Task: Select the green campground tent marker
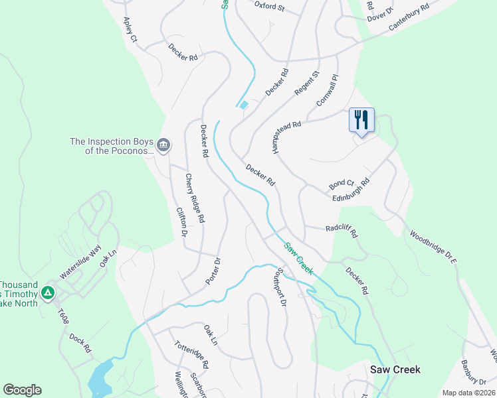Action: point(47,293)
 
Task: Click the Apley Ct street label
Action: point(130,30)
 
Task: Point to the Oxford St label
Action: point(269,7)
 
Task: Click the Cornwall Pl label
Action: point(328,86)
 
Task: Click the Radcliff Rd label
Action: point(342,231)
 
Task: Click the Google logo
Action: point(22,390)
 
